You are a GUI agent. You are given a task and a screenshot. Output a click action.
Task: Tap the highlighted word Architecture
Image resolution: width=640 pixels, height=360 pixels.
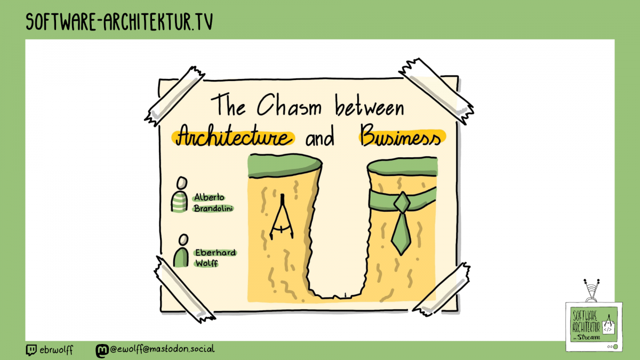[x=233, y=137]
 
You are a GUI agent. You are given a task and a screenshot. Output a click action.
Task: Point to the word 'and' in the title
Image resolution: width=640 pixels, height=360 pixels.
[x=320, y=138]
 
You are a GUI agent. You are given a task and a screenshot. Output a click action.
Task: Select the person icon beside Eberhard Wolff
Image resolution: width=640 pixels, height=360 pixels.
[x=181, y=252]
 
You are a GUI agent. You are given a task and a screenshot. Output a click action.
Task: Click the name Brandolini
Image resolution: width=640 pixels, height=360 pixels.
[x=214, y=209]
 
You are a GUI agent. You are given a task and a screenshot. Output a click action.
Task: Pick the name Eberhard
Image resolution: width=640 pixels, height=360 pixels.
[x=215, y=253]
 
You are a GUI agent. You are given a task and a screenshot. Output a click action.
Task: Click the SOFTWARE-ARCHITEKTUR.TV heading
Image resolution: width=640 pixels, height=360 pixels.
[x=120, y=22]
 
